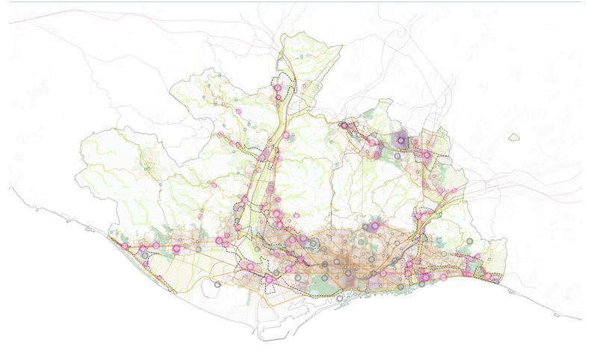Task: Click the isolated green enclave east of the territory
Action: point(513,137)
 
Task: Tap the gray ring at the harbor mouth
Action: point(340,298)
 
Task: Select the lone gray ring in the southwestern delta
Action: point(217,284)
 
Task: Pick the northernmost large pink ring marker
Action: point(277,87)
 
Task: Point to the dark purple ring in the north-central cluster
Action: point(344,125)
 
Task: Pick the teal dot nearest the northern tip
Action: point(302,57)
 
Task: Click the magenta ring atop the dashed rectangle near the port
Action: point(269,279)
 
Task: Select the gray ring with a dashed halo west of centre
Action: point(314,243)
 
